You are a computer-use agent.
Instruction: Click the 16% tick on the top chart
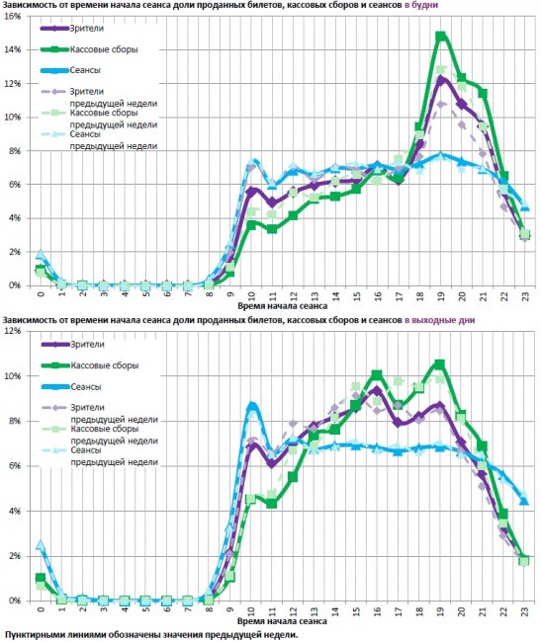12,16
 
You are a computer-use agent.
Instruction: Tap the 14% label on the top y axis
12,49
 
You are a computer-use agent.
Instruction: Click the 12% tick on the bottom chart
12,331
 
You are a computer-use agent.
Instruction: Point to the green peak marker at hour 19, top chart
441,37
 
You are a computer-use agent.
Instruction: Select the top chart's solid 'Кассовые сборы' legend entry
89,49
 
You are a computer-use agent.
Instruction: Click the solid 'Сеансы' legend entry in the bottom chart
71,386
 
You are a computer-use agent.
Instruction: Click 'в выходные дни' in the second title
439,320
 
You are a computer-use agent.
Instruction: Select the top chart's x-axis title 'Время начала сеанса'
283,306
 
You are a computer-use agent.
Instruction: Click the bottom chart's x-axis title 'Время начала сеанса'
283,621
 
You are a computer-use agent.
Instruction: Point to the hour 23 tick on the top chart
525,295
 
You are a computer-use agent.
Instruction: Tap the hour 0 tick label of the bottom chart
41,609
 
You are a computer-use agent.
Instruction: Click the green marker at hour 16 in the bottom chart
377,374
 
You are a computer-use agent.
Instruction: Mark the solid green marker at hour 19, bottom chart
439,364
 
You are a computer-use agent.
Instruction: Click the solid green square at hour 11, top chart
272,229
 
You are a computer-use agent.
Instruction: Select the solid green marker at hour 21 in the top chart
483,94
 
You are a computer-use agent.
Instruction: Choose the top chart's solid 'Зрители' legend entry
72,29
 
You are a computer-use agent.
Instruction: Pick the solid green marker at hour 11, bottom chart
271,503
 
